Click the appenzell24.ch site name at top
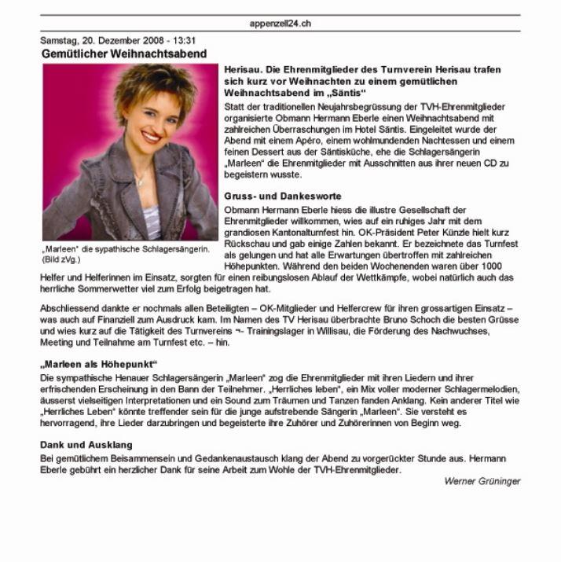pyautogui.click(x=280, y=24)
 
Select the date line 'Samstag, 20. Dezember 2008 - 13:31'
pyautogui.click(x=119, y=41)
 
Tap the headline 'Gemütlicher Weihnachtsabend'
pyautogui.click(x=124, y=54)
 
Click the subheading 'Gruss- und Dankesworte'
pyautogui.click(x=272, y=196)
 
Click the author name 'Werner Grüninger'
pyautogui.click(x=482, y=481)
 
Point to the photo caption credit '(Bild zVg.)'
pyautogui.click(x=61, y=259)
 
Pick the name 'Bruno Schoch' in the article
pyautogui.click(x=398, y=319)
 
